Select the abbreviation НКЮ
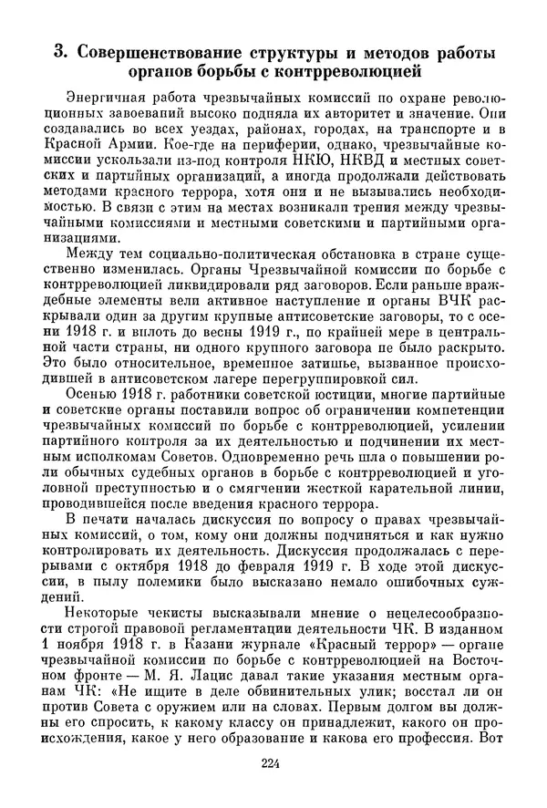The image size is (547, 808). coord(327,162)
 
